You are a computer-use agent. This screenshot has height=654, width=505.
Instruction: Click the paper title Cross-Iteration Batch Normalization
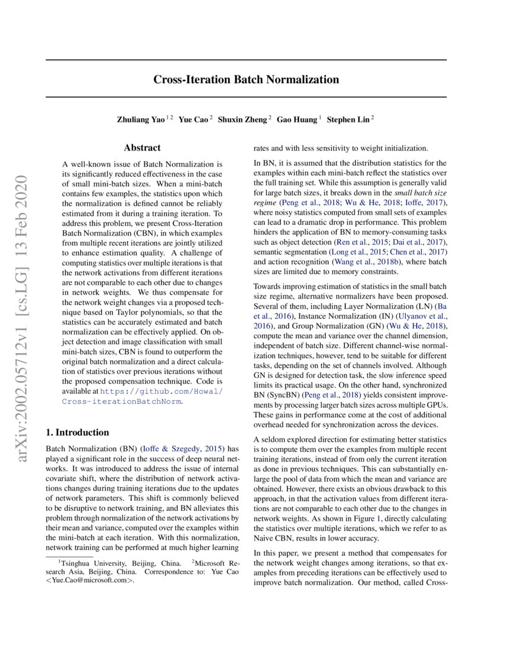click(x=246, y=79)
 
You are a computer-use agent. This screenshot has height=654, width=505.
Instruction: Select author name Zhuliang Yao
click(x=140, y=119)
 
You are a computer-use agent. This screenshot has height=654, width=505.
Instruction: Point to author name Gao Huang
click(x=296, y=119)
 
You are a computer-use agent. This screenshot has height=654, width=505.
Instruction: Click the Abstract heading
click(x=142, y=148)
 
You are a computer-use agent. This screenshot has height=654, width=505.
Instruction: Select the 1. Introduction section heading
click(x=77, y=432)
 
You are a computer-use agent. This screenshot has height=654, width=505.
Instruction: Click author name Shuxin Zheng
click(x=244, y=119)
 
